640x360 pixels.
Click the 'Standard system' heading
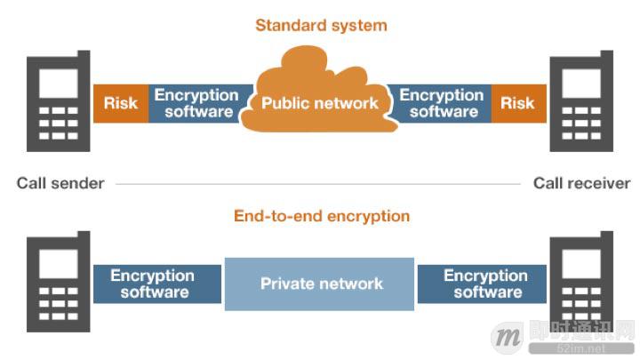(321, 25)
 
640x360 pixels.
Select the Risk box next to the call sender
(120, 103)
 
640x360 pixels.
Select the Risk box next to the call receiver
(517, 103)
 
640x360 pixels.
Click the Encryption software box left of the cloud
(196, 103)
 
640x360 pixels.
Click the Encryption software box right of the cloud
(442, 103)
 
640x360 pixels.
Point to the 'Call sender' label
(60, 183)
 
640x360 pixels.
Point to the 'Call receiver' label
(581, 183)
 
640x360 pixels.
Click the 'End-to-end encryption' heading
(322, 215)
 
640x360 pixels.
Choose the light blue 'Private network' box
(320, 284)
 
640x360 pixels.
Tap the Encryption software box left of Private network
(155, 284)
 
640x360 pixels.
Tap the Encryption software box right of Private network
(485, 284)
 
